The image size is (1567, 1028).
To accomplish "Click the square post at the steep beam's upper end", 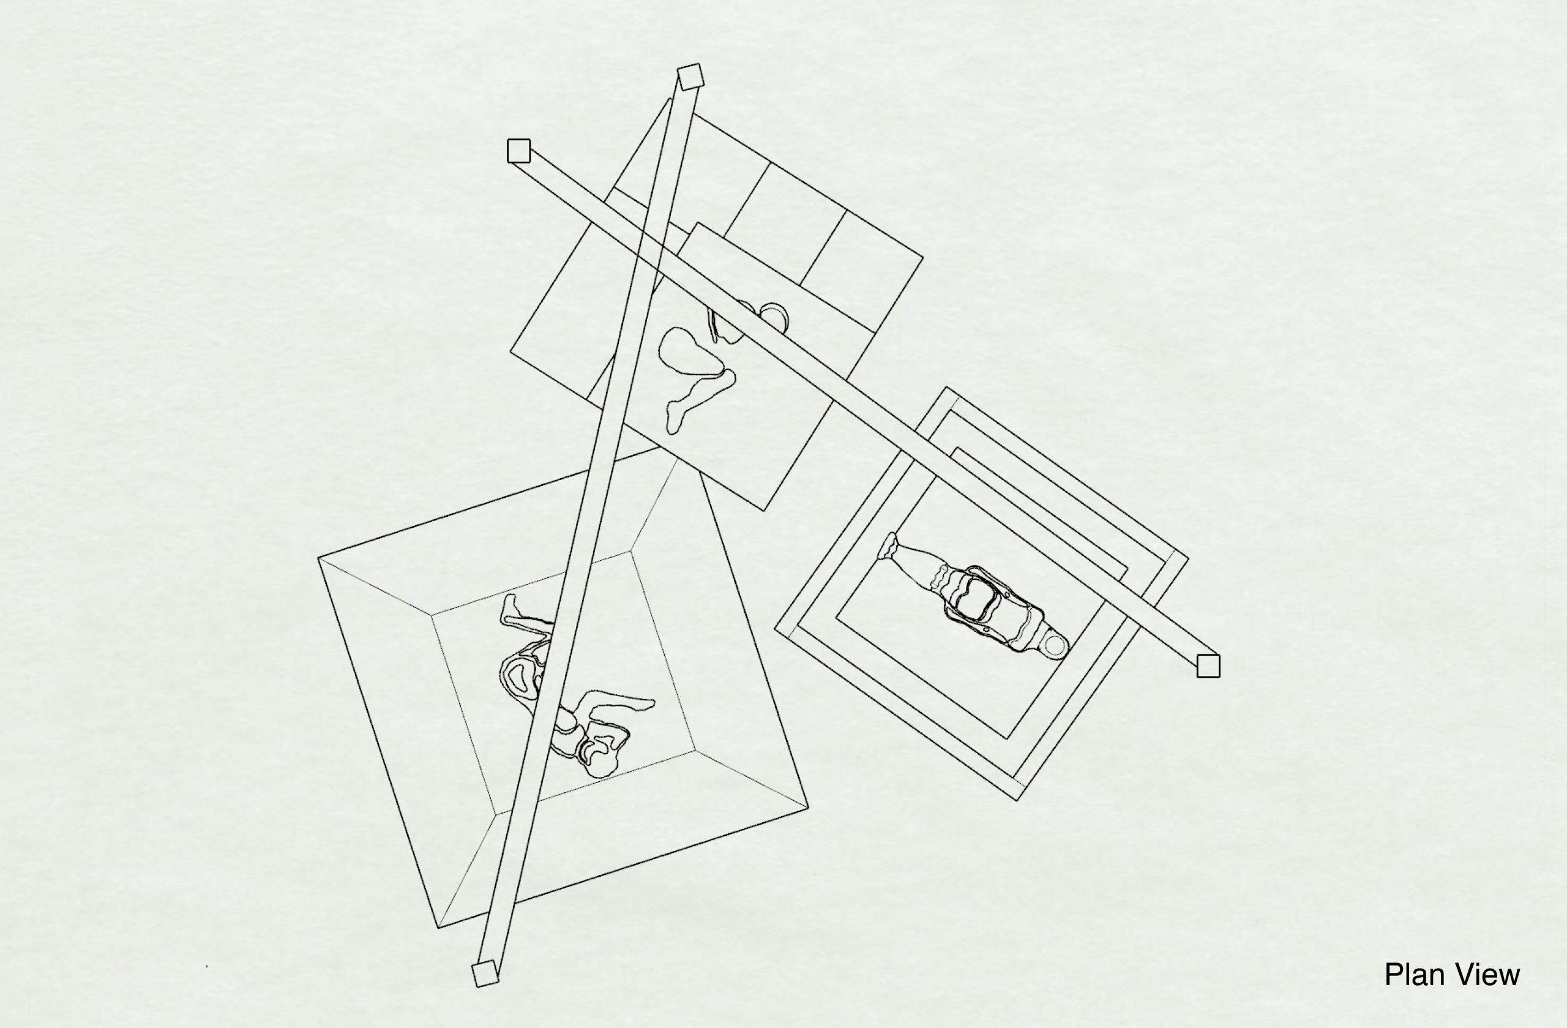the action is [690, 77].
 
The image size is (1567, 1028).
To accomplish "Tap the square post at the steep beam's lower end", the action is [485, 974].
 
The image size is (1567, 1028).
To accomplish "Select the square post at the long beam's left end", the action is [519, 151].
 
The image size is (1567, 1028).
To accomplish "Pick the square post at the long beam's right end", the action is [1208, 666].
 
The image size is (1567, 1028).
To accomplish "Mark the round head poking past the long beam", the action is [774, 317].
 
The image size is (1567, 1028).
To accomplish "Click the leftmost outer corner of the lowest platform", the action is [319, 558].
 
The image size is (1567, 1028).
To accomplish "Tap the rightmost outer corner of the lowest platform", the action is [809, 807].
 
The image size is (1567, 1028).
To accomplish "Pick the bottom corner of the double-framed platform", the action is [1018, 800].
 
